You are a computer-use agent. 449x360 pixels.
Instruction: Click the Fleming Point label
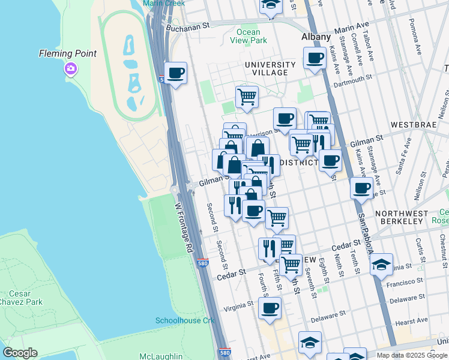68,53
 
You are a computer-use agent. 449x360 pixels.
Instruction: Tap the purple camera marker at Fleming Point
71,70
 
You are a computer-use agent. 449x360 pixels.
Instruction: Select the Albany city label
316,37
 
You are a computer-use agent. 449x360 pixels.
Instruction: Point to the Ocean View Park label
249,36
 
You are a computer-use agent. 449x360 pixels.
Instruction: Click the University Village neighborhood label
270,68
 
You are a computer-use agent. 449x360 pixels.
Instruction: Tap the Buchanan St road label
187,26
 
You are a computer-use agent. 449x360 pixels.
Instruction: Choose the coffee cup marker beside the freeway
175,74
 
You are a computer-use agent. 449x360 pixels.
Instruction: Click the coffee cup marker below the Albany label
315,59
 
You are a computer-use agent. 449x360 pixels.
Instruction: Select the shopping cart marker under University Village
247,96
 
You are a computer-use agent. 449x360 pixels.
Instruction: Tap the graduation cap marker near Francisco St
381,265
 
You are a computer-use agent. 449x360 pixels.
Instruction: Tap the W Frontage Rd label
185,226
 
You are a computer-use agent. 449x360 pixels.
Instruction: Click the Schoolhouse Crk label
185,320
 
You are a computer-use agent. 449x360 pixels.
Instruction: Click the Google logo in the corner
20,353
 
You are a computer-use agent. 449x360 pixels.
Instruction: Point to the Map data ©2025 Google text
412,355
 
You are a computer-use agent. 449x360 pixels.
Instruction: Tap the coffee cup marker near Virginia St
270,309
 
